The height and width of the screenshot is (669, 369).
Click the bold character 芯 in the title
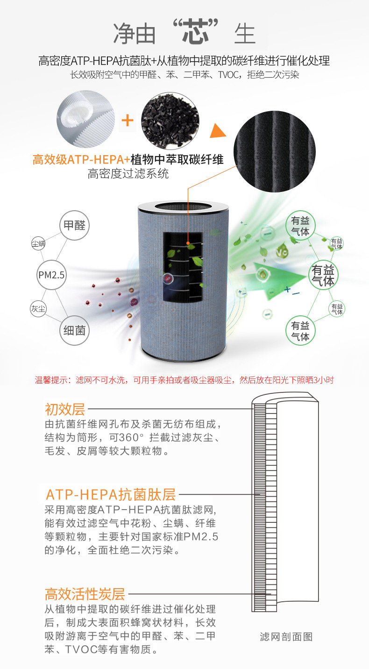click(196, 32)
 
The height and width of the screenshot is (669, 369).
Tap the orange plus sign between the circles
click(128, 121)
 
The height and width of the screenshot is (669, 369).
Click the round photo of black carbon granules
click(170, 121)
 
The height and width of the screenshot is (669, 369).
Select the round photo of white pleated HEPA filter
click(86, 119)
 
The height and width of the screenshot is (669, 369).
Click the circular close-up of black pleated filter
click(274, 151)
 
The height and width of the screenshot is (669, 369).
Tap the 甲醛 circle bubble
click(74, 225)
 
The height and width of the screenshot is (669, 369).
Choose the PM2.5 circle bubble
click(51, 275)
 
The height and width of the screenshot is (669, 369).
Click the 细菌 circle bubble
click(74, 331)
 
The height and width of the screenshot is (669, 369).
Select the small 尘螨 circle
click(38, 243)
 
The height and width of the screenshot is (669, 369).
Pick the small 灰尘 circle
click(38, 309)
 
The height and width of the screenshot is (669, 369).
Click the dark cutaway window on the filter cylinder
click(183, 267)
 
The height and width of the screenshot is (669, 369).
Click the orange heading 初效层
click(65, 409)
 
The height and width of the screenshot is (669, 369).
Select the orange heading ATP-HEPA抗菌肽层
click(110, 494)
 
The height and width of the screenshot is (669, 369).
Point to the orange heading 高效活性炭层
click(85, 594)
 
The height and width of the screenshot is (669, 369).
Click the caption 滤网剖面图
click(286, 637)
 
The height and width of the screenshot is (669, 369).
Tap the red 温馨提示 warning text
click(184, 380)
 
